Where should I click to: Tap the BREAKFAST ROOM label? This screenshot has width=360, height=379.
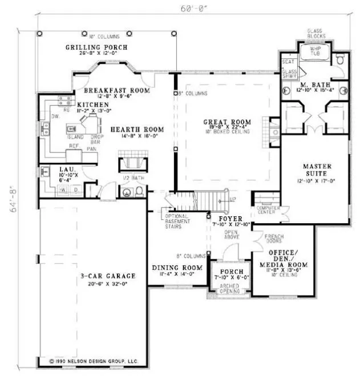[x=116, y=91]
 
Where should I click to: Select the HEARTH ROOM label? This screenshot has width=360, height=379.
[x=130, y=130]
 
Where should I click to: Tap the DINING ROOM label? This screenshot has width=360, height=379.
[x=178, y=268]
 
